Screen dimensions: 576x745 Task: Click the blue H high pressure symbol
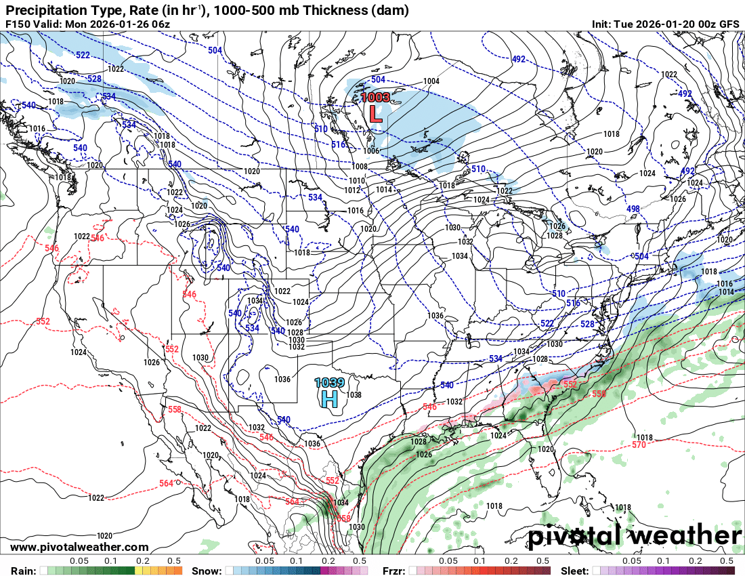point(329,398)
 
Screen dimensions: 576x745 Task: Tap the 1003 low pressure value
point(375,97)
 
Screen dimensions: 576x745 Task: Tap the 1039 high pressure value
point(329,383)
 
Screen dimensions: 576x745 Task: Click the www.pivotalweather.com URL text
point(80,547)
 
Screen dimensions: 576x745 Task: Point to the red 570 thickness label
point(639,445)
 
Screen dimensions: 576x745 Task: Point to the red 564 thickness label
point(167,483)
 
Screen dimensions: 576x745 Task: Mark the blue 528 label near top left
point(94,79)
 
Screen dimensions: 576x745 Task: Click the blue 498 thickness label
point(633,209)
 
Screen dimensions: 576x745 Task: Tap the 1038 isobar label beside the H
point(354,395)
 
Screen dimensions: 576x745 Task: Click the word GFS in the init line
point(729,24)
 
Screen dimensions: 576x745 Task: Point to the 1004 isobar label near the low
point(431,81)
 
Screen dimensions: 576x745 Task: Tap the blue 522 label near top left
point(83,54)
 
